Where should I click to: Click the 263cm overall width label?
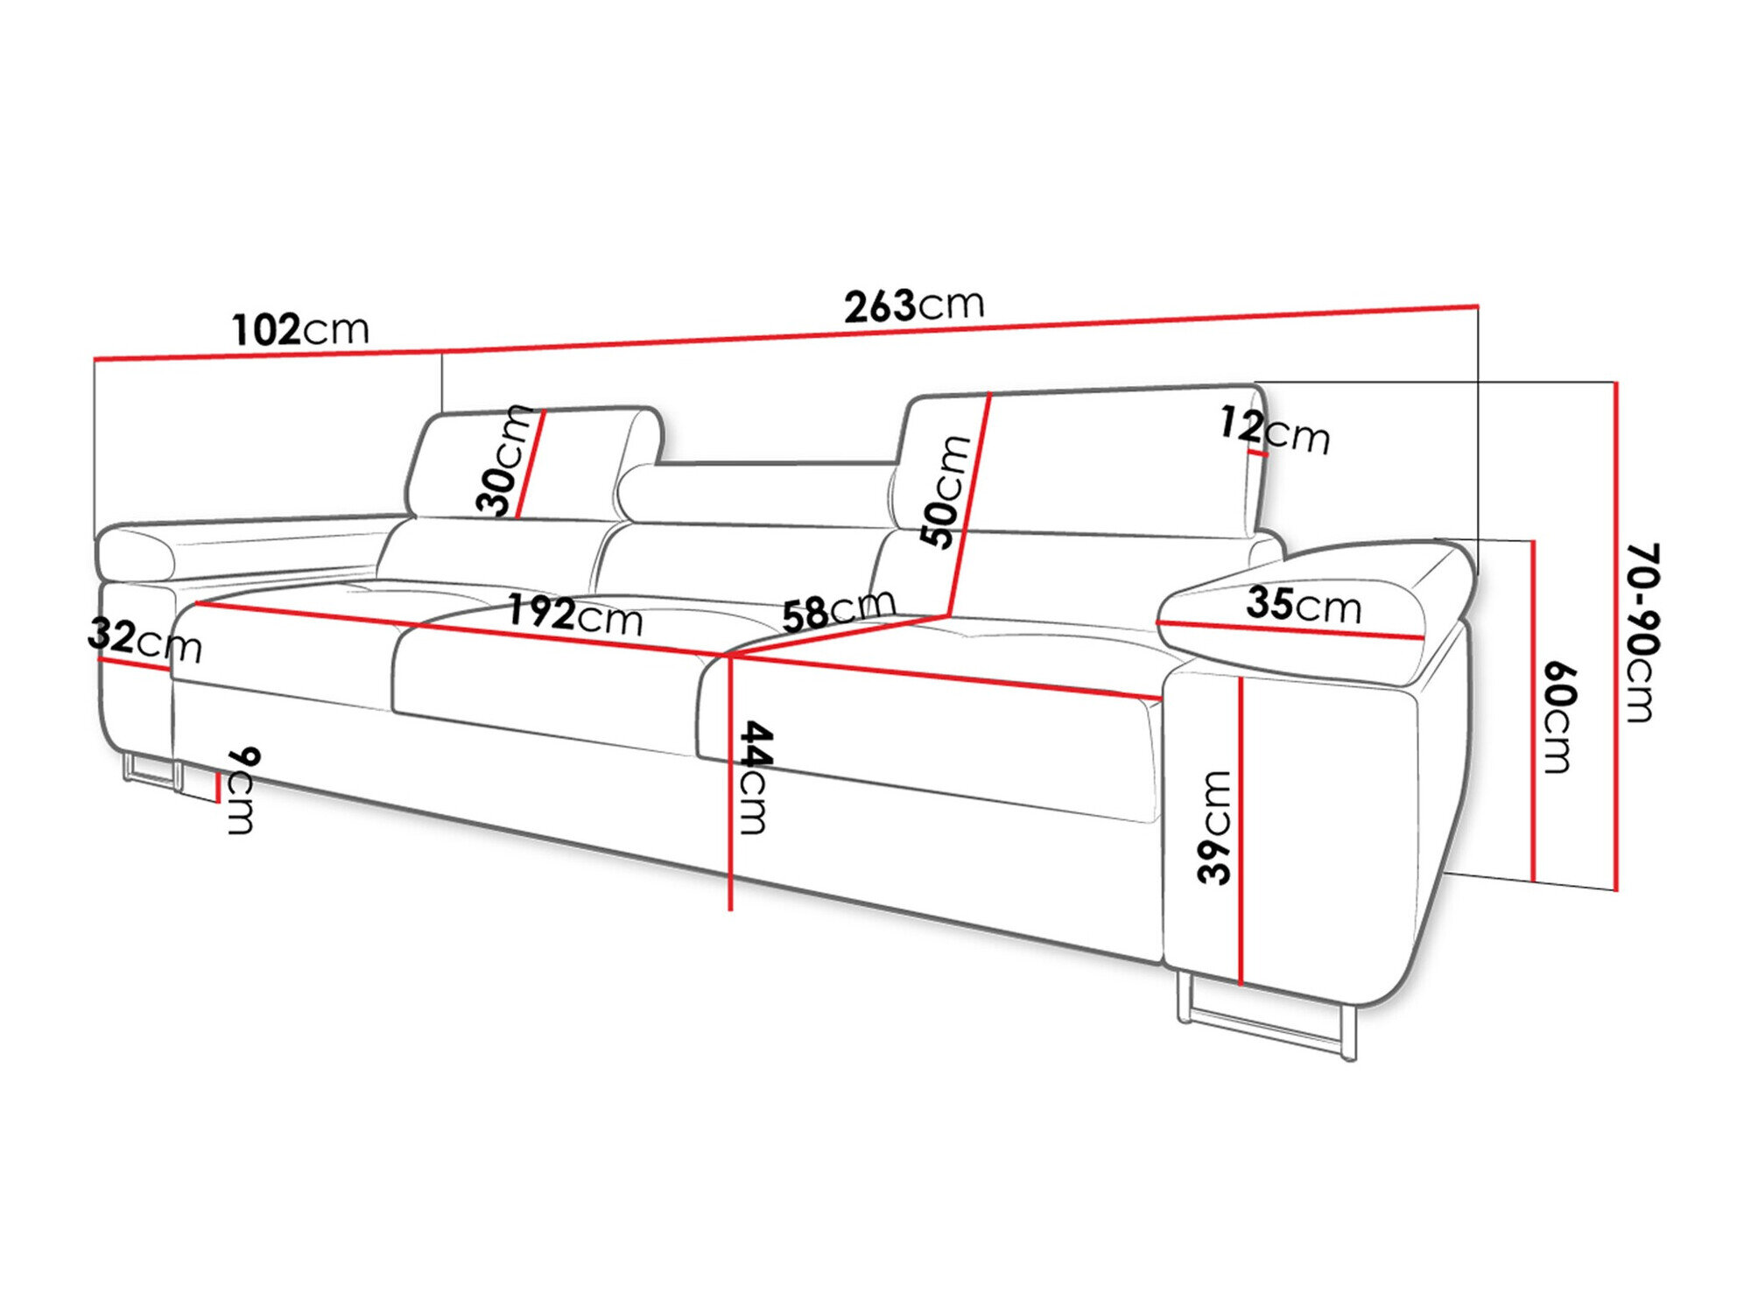point(914,305)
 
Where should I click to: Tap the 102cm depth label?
point(300,330)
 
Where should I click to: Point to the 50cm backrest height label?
point(946,491)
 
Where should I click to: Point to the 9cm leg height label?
point(243,791)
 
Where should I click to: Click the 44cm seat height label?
point(754,777)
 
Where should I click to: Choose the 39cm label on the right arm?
point(1215,827)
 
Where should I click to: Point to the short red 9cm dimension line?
point(216,786)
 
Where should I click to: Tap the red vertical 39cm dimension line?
point(1241,832)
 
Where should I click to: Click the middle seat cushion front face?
point(543,692)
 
